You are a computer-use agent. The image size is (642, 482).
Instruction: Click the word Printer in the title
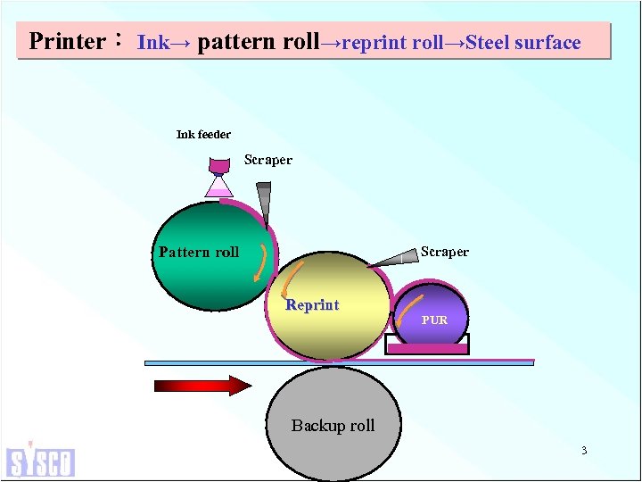67,42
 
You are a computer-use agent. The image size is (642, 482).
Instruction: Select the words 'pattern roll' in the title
258,42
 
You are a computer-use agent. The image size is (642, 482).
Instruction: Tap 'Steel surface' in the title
523,43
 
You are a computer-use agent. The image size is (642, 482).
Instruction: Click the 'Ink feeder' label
203,135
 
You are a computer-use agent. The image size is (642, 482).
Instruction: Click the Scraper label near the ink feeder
268,161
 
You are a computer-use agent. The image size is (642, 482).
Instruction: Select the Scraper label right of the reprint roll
444,252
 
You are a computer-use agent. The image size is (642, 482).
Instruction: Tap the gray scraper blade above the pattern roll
264,204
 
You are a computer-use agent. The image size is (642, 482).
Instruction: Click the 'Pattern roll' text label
199,253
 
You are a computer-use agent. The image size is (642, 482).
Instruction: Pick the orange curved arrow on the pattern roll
259,261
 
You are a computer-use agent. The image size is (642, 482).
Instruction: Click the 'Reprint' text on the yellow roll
312,305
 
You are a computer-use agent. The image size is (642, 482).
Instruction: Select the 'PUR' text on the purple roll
434,320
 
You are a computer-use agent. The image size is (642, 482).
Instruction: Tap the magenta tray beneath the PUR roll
427,349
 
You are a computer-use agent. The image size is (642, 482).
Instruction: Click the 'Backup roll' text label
333,426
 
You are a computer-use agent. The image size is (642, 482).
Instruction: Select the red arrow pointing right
203,386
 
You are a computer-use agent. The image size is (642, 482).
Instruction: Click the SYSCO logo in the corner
40,460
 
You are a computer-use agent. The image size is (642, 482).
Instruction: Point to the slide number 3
584,451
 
